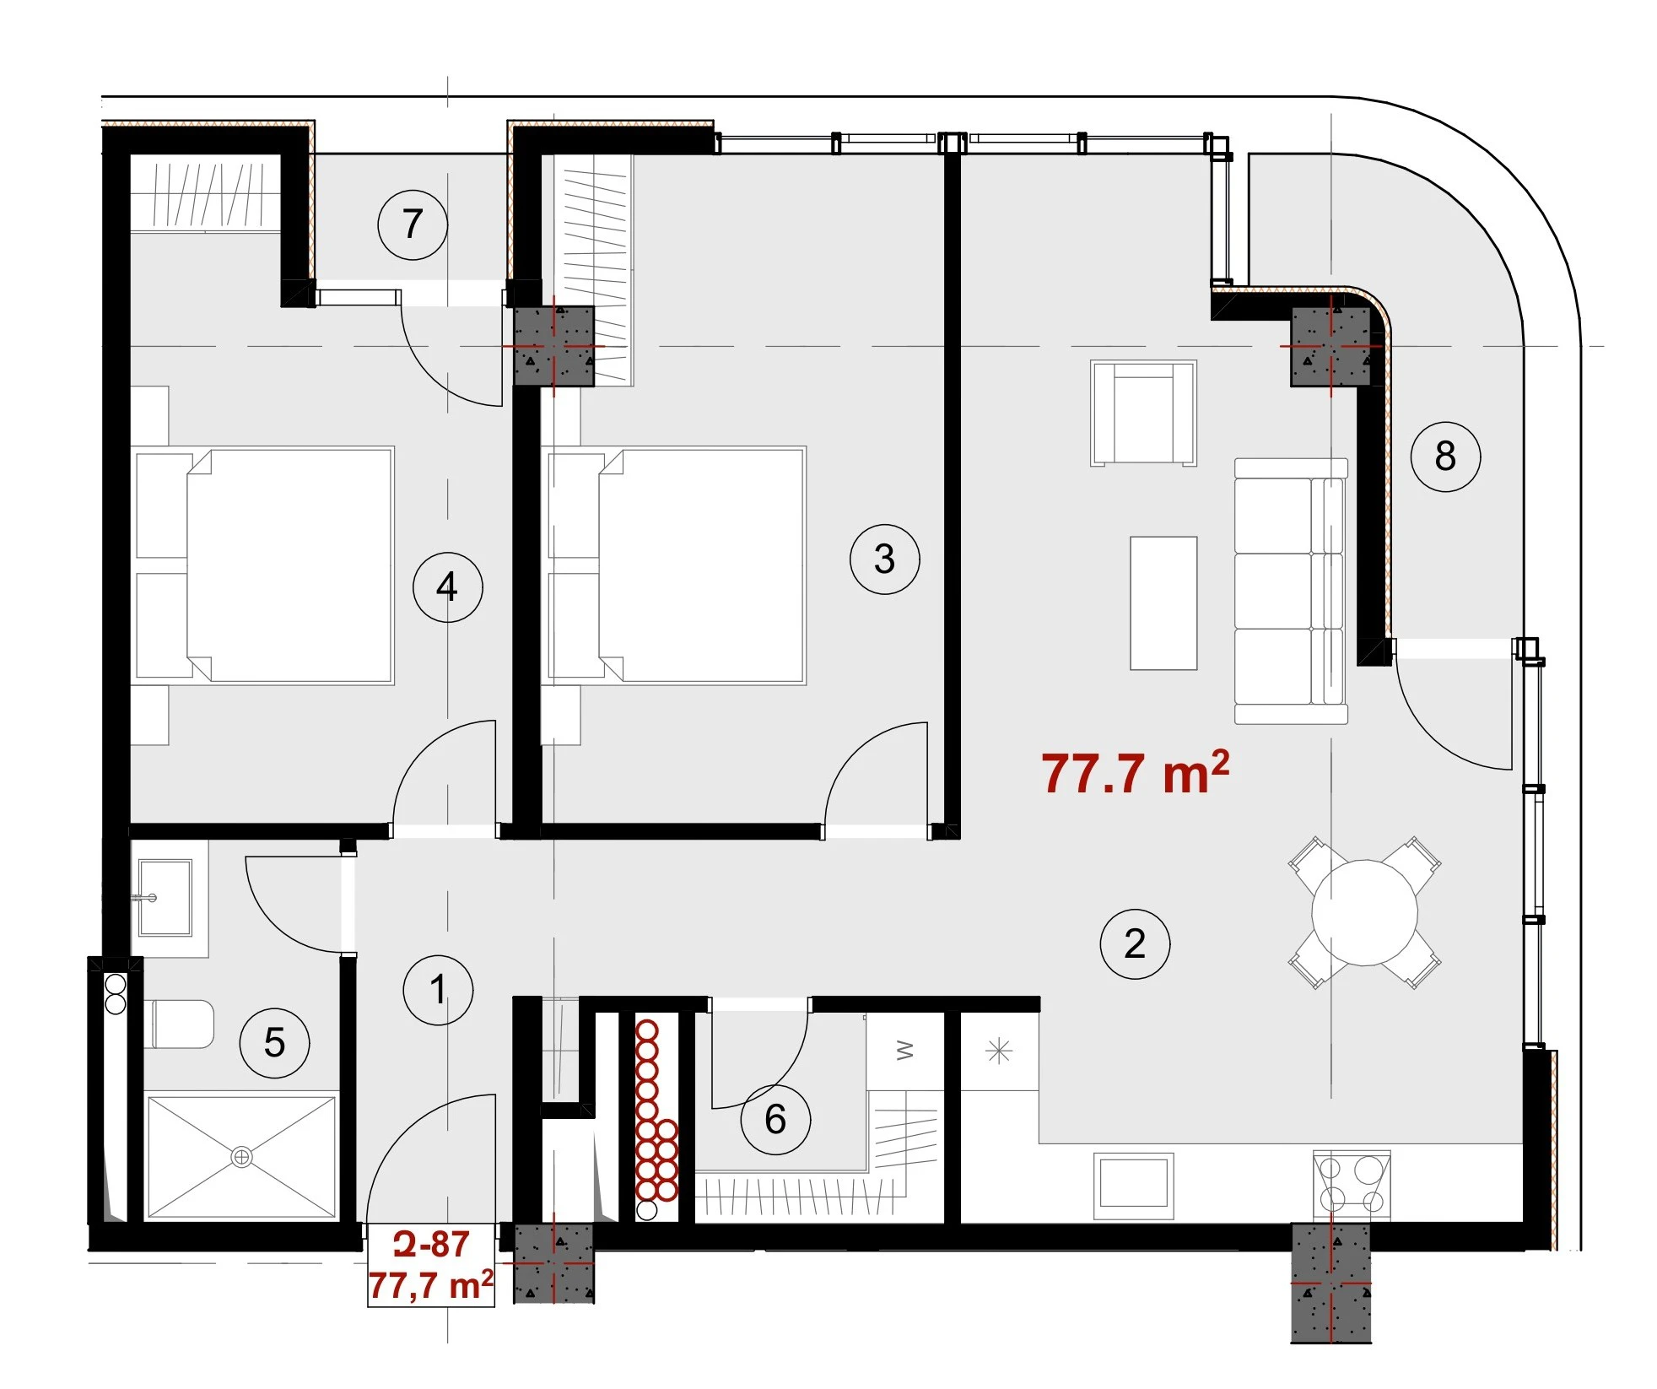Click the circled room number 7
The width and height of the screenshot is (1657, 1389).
point(413,224)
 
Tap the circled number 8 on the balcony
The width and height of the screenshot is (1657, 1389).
point(1445,457)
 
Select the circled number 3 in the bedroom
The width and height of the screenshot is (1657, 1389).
point(884,559)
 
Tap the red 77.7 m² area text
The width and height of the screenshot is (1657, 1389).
point(1135,772)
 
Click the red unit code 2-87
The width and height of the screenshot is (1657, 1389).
point(431,1244)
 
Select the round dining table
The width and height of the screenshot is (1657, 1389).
point(1364,912)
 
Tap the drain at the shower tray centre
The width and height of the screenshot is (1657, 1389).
point(241,1157)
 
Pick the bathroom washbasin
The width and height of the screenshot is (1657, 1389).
point(165,897)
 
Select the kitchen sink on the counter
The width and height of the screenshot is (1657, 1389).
point(1134,1186)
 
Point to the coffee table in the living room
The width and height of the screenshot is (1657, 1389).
point(1163,603)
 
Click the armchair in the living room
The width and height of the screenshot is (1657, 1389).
point(1143,413)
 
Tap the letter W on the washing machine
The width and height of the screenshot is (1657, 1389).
point(904,1051)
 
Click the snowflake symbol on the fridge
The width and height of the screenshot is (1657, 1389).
point(999,1051)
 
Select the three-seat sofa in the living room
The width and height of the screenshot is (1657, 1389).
point(1291,591)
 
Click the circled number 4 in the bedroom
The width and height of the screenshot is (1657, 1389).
point(448,587)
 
